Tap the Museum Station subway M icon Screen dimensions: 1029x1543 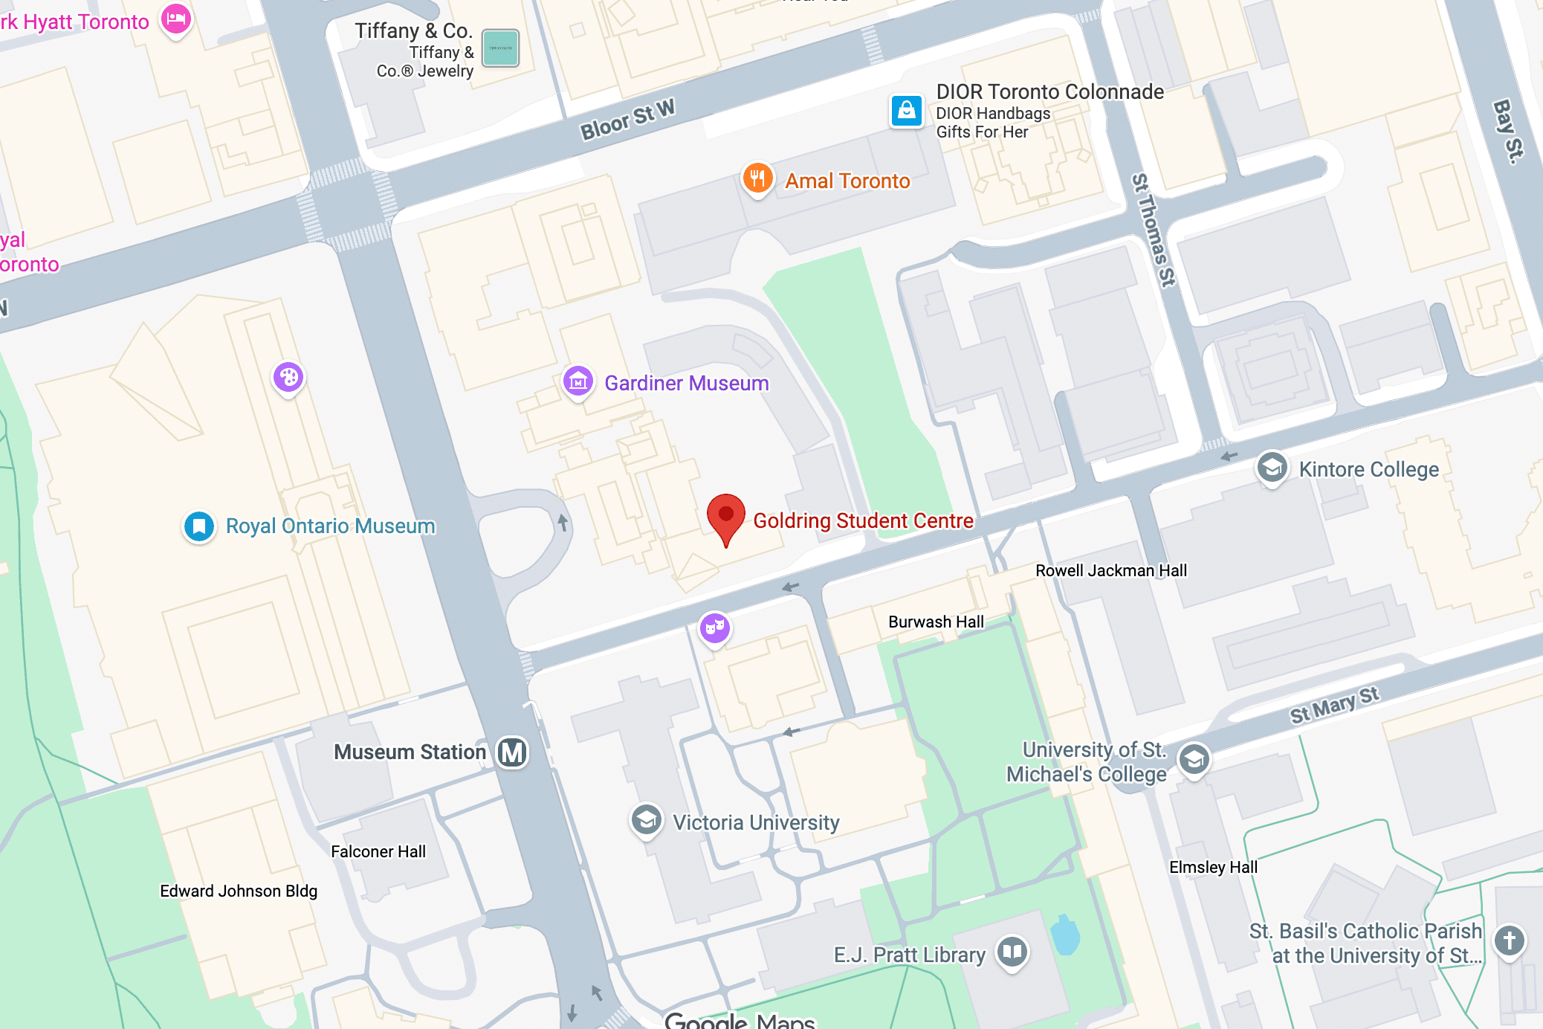[x=512, y=752]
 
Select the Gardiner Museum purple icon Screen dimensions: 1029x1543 [x=578, y=382]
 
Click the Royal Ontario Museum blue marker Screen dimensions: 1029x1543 [x=199, y=526]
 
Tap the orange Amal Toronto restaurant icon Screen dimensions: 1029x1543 [x=757, y=178]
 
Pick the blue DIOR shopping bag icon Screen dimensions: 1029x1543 [x=907, y=112]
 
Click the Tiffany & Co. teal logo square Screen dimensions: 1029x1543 [x=500, y=48]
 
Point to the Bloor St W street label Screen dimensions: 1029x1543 [x=627, y=120]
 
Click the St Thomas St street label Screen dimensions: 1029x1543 [x=1153, y=230]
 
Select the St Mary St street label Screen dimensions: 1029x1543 [x=1334, y=704]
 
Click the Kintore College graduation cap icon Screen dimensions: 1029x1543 [x=1272, y=468]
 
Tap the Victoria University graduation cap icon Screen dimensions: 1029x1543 [x=646, y=820]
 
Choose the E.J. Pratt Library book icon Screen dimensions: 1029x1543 [x=1012, y=952]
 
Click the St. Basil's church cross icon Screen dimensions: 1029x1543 [x=1510, y=941]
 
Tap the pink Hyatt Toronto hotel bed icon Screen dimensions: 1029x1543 [x=176, y=19]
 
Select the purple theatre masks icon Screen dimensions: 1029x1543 [x=715, y=628]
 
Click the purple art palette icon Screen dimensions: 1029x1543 [x=288, y=378]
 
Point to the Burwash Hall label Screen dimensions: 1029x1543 [x=936, y=622]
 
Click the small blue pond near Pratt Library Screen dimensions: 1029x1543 [x=1065, y=936]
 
